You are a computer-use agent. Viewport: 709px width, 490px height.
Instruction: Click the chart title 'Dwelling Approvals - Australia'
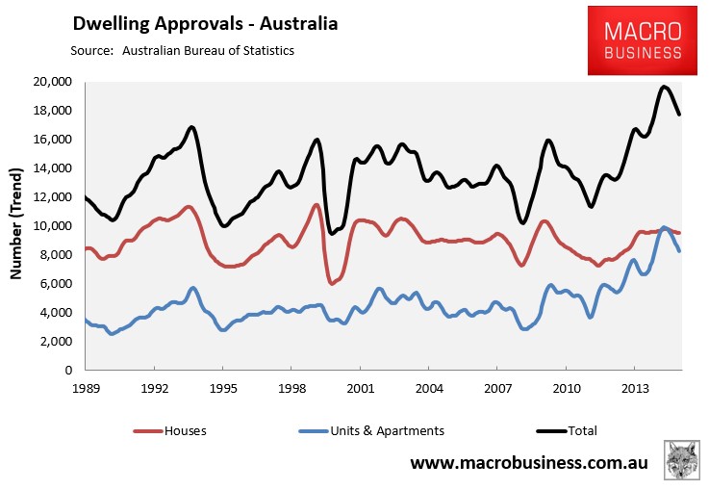[205, 23]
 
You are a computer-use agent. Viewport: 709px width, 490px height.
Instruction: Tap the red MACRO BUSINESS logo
[643, 40]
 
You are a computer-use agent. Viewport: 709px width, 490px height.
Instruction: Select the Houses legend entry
[170, 430]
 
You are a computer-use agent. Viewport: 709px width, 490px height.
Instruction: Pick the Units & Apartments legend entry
[371, 430]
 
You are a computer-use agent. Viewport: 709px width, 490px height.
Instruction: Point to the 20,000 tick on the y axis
[53, 82]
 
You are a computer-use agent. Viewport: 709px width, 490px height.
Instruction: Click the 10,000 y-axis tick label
[53, 226]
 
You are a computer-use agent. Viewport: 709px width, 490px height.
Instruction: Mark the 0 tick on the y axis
[68, 370]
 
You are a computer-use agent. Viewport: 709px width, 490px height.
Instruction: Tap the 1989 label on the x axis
[86, 388]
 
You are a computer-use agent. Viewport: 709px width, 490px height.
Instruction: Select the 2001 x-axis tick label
[361, 388]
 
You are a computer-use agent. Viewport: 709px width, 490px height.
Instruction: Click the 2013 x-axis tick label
[634, 388]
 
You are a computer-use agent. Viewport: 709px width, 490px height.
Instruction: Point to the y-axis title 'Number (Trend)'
[15, 223]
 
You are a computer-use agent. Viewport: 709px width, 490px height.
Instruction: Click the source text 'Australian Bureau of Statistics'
[208, 50]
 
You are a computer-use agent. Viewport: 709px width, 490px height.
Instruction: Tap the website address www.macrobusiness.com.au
[529, 462]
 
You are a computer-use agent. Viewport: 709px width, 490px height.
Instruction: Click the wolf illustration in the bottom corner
[682, 460]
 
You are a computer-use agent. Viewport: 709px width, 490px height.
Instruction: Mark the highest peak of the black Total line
[664, 87]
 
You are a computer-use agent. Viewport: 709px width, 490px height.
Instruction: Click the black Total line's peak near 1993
[191, 127]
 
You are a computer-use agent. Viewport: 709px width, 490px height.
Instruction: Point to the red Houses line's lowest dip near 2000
[332, 283]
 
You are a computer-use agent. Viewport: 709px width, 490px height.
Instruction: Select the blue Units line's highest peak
[664, 227]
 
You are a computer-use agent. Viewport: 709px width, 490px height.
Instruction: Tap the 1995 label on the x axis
[223, 388]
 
